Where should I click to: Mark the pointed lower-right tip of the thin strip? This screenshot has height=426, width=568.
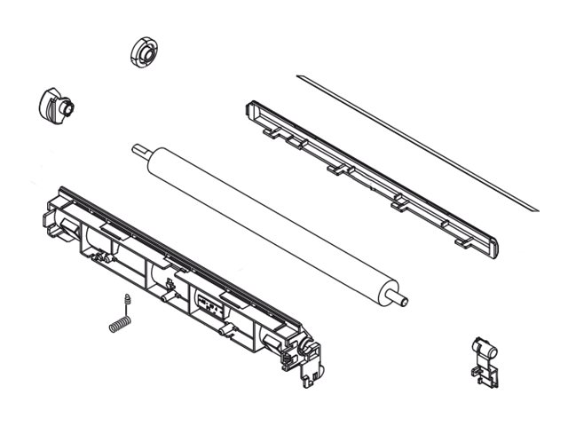click(536, 209)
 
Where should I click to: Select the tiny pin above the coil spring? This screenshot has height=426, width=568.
click(128, 298)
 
